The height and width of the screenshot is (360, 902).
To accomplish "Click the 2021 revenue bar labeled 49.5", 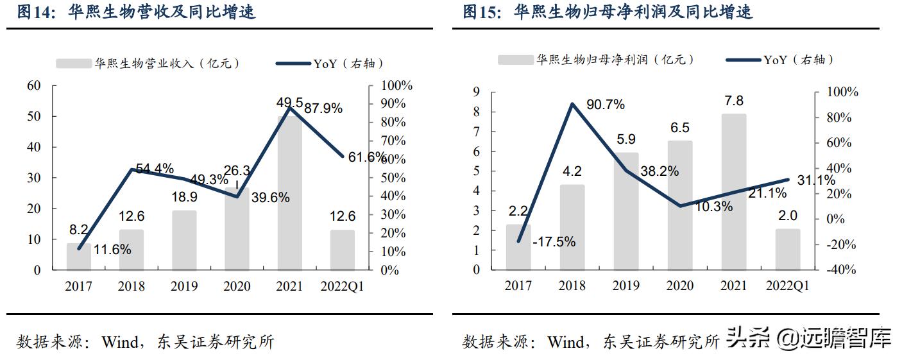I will tap(289, 193).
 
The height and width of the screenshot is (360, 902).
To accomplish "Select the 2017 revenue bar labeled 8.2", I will tap(78, 256).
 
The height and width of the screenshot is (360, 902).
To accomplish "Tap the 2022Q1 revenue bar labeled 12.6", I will tap(342, 250).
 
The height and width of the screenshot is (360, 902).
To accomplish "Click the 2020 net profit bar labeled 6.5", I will tap(679, 205).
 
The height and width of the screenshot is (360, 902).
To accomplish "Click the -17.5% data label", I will tap(554, 242).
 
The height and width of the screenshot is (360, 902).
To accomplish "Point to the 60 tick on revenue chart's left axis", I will tap(33, 85).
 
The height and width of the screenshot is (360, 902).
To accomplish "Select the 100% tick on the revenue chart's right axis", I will tap(396, 85).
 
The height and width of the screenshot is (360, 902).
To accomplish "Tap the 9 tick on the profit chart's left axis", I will tap(476, 92).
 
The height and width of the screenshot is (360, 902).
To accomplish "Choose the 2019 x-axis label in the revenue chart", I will tap(184, 287).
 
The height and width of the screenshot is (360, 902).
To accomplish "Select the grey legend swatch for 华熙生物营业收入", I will tap(73, 64).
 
